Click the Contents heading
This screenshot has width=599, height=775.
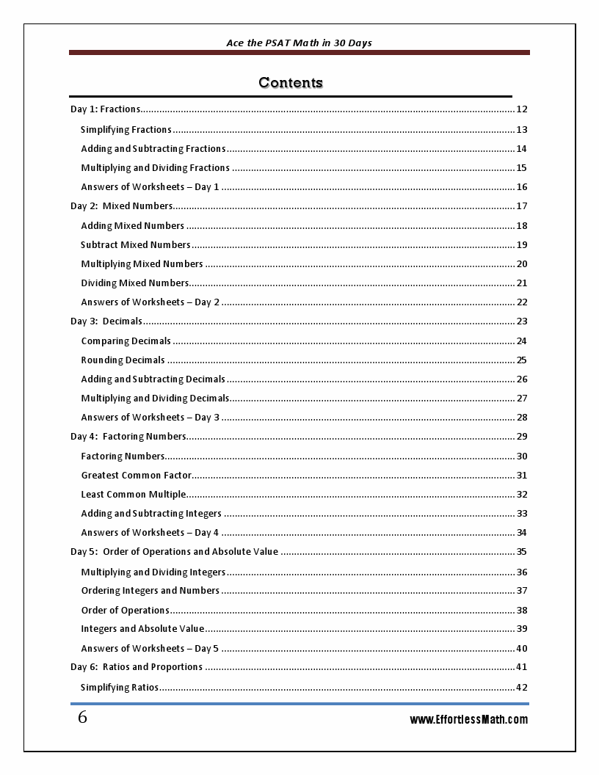coord(291,82)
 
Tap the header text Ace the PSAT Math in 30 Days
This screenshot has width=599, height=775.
coord(299,43)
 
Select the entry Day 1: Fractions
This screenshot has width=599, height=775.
coord(105,109)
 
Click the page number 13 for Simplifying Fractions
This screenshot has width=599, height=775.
coord(522,130)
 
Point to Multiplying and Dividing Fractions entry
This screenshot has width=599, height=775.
coord(155,168)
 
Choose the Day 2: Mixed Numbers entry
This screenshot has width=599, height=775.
coord(121,206)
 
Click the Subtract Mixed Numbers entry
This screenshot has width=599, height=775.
coord(135,245)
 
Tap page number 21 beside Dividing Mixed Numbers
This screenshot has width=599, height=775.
coord(522,283)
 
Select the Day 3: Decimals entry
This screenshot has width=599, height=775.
coord(106,321)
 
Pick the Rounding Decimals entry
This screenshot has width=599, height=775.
coord(123,360)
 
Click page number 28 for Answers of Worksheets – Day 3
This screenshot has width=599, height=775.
coord(522,418)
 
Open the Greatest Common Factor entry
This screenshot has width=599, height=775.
coord(136,476)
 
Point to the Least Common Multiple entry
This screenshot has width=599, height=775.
coord(133,495)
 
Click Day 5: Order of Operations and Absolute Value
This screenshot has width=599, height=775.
coord(174,552)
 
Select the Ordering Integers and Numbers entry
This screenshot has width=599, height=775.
coord(150,591)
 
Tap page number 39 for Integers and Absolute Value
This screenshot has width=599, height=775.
coord(522,629)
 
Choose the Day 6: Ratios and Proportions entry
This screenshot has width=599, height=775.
coord(137,667)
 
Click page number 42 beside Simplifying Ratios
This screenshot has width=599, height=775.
coord(522,688)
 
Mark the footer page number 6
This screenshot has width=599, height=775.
coord(82,718)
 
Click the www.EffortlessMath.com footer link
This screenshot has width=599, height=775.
coord(468,720)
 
